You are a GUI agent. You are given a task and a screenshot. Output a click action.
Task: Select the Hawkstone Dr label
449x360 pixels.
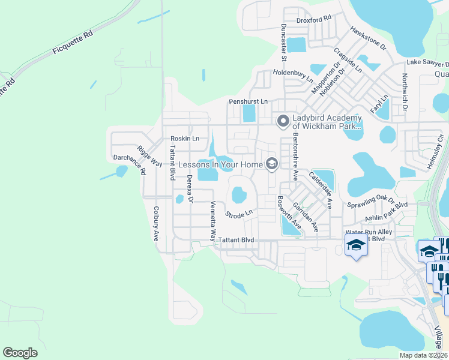tap(369, 38)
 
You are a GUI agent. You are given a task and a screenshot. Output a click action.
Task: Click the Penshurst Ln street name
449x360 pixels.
tap(248, 102)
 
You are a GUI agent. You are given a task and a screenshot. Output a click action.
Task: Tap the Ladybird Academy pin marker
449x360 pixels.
tap(283, 122)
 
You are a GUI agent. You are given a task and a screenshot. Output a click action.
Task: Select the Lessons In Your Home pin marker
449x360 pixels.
tap(272, 164)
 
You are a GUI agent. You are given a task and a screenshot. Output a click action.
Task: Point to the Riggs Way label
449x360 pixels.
tap(150, 156)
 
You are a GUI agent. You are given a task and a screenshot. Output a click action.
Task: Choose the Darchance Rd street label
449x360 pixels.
tap(130, 163)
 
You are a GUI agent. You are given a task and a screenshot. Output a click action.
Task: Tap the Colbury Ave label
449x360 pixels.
tap(155, 223)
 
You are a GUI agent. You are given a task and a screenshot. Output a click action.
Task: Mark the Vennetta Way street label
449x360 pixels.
tap(212, 221)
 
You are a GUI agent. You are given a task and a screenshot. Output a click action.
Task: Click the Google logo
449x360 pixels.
tap(20, 352)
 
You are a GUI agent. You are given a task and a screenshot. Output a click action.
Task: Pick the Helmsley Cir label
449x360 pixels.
tap(438, 152)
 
